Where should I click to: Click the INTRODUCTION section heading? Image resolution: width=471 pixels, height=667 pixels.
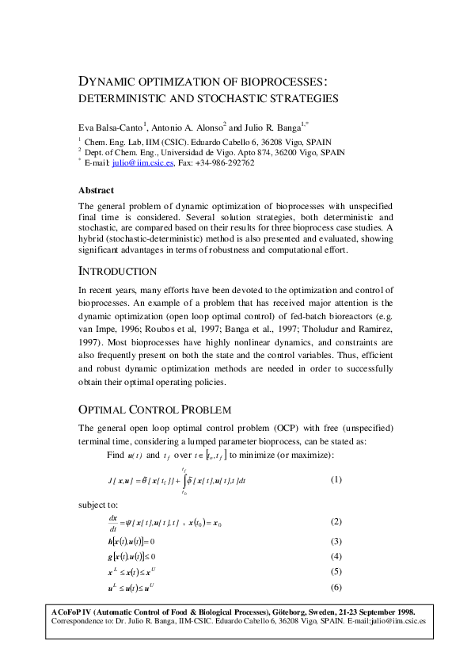122,271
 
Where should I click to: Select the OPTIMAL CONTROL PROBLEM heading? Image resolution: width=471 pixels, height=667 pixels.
154,410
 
